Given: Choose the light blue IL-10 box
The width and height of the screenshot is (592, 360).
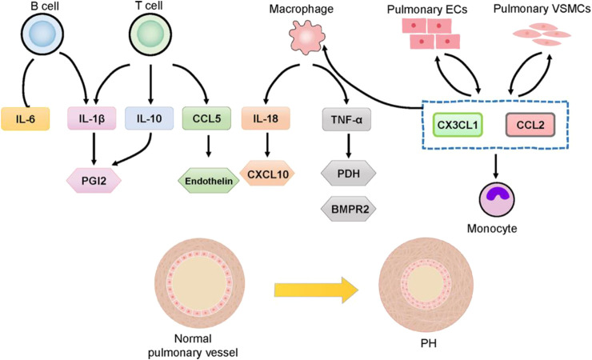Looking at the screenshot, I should [150, 119].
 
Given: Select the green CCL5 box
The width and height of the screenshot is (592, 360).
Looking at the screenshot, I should [206, 119].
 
